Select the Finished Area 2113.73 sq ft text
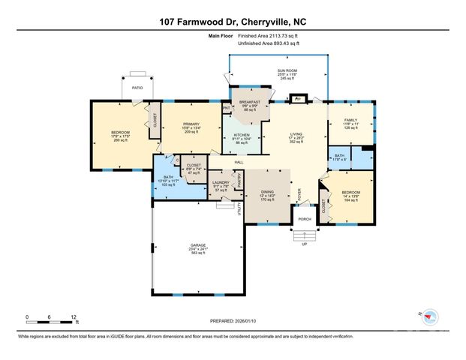pos(269,36)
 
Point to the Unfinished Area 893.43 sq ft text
pos(269,43)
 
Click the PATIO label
pos(137,88)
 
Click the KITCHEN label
pos(242,135)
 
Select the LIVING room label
pos(296,133)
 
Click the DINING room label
pos(267,192)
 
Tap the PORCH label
pos(304,219)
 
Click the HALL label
pos(239,162)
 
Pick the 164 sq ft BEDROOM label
pos(351,192)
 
